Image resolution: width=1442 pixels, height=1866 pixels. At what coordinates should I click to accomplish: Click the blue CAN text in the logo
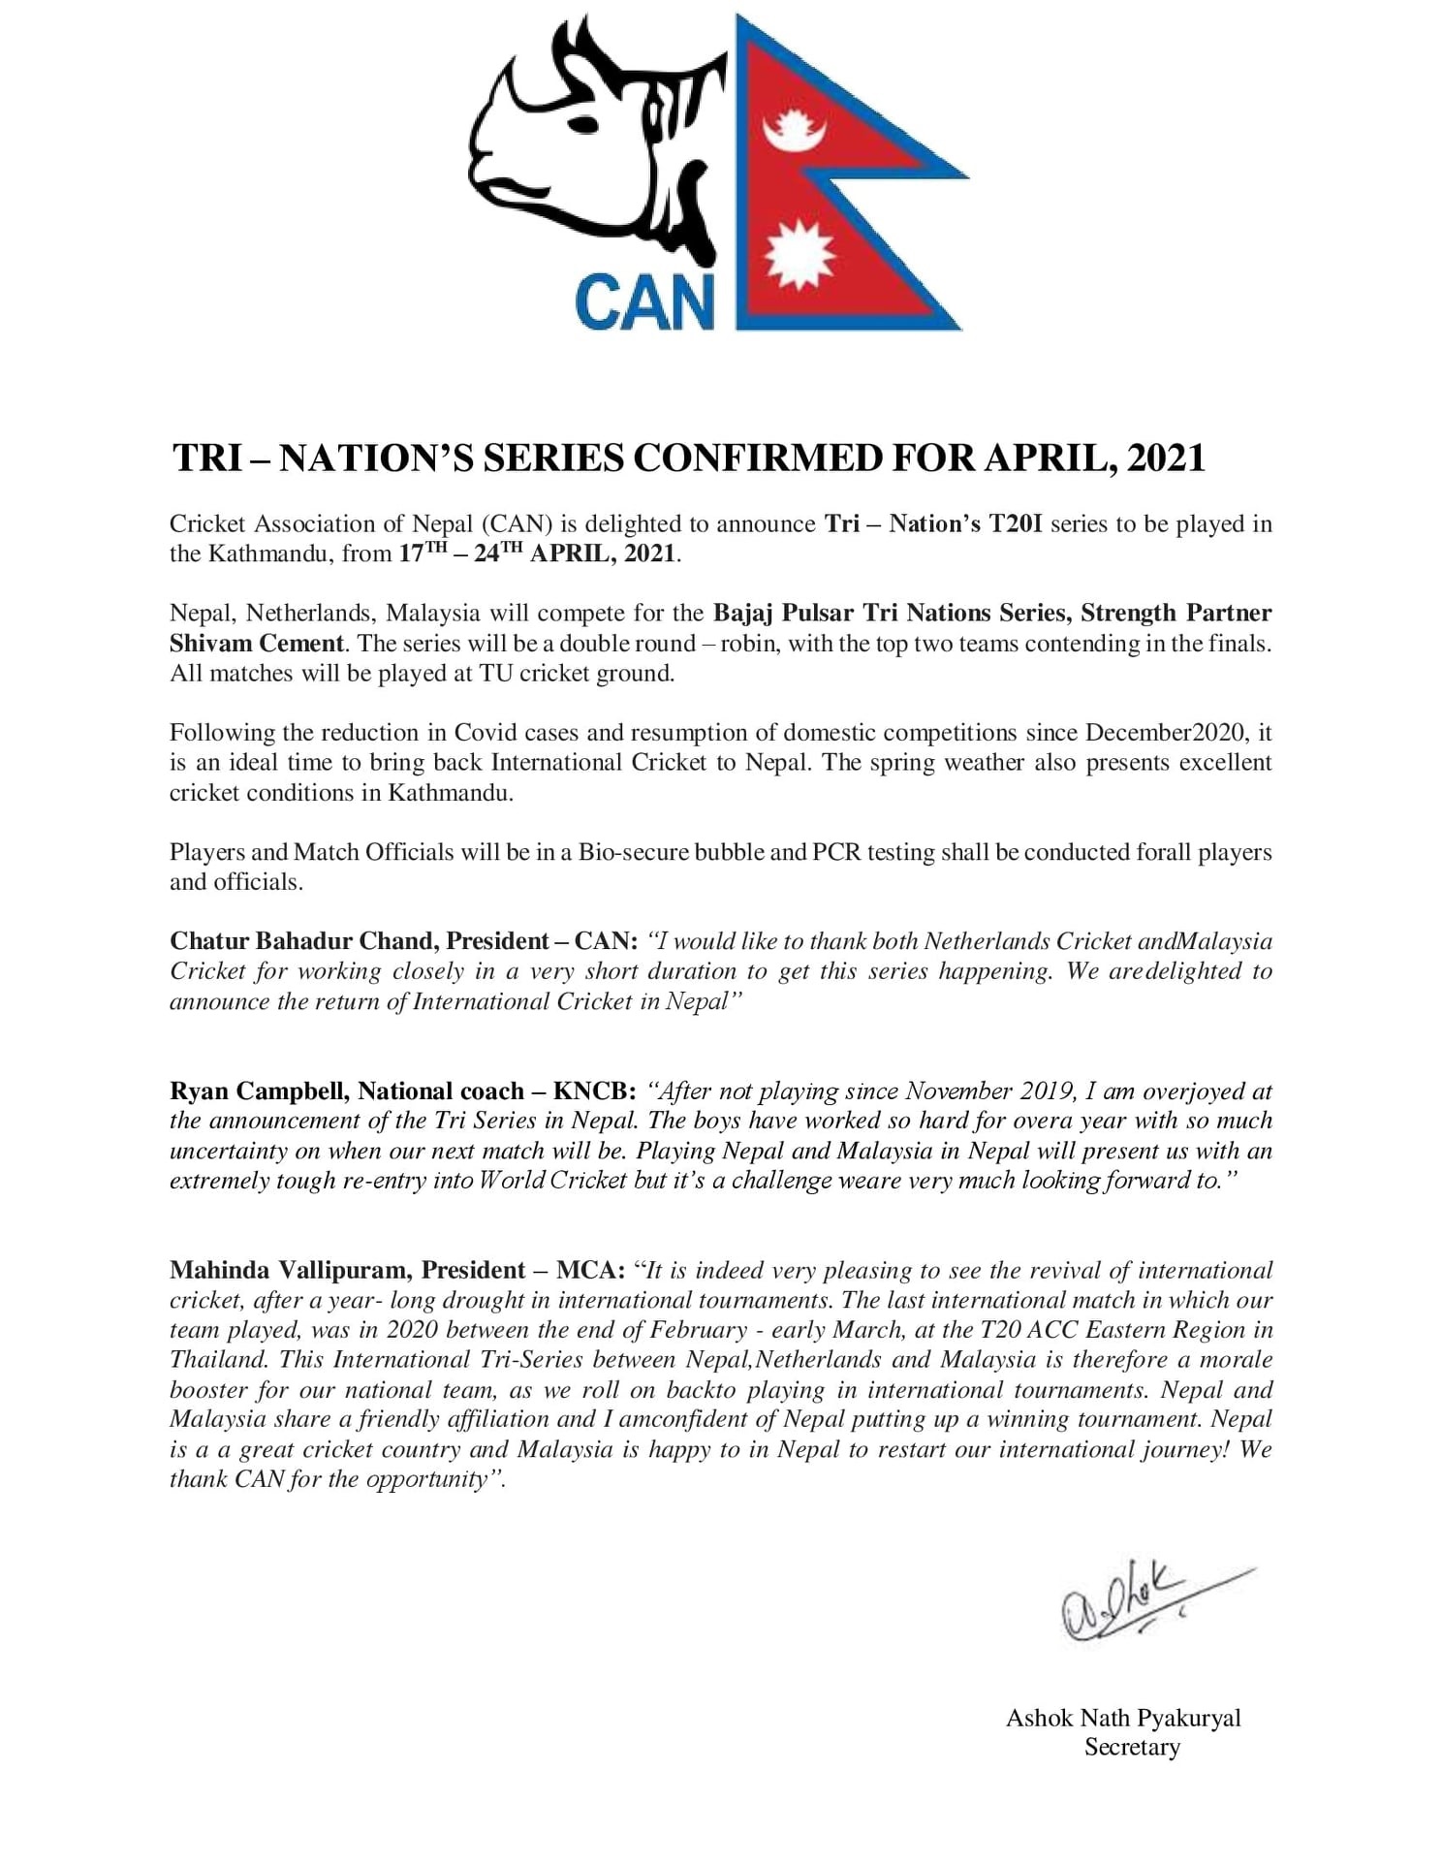tap(643, 301)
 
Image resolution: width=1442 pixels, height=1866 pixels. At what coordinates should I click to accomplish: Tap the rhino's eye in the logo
tap(585, 123)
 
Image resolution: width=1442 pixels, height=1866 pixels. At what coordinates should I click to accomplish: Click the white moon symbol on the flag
tap(794, 132)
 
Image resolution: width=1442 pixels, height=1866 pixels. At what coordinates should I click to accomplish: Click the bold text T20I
tap(1015, 523)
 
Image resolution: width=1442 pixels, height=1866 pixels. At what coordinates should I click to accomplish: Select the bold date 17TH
tap(423, 553)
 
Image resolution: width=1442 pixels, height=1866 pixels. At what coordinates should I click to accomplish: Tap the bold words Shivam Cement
tap(257, 643)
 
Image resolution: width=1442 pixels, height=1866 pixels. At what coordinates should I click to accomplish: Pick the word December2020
tap(1166, 732)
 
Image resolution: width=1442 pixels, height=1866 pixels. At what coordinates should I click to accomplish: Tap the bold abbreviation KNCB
tap(593, 1091)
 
